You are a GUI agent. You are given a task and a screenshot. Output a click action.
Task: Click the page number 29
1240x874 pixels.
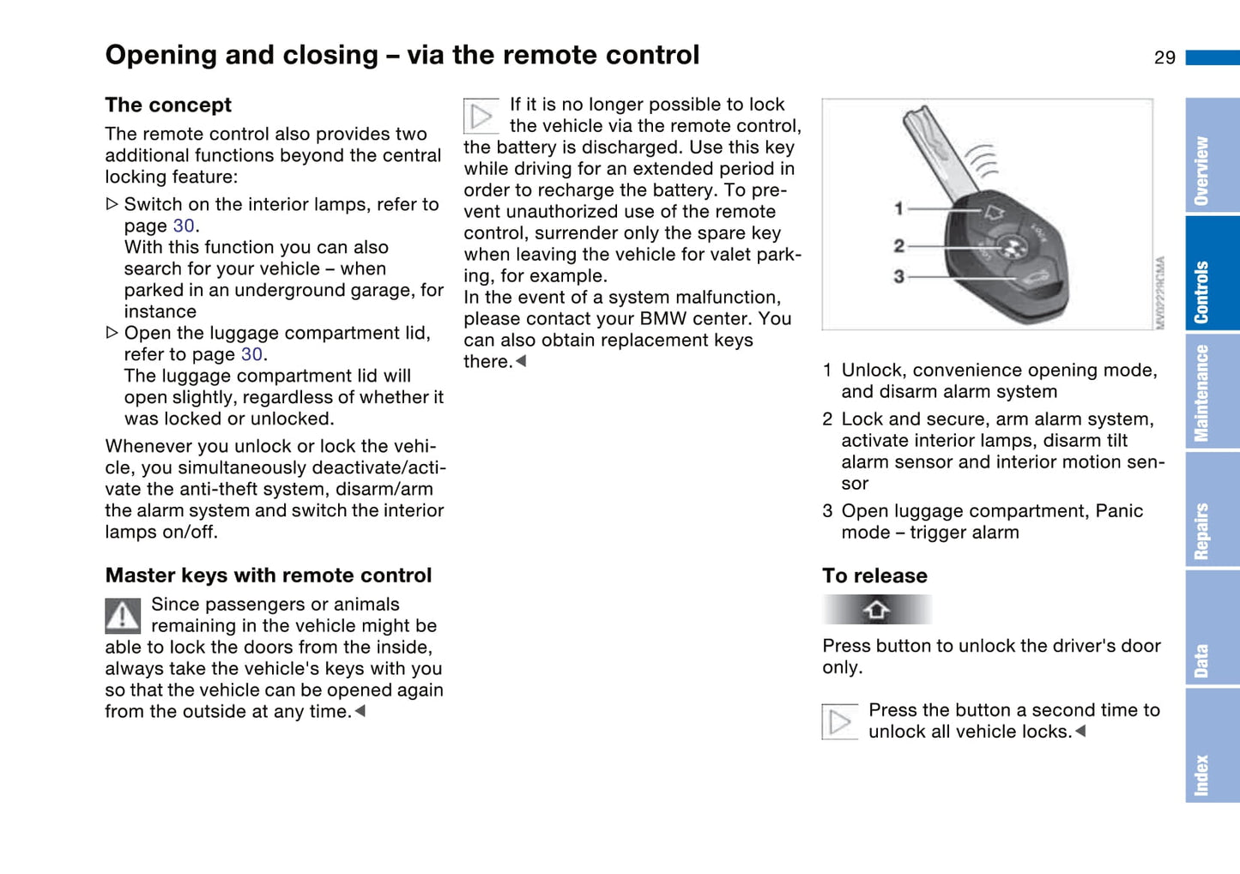point(1164,57)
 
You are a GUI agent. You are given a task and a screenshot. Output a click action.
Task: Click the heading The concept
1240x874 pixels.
point(168,105)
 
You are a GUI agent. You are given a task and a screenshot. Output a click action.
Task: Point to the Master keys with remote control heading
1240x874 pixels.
point(268,576)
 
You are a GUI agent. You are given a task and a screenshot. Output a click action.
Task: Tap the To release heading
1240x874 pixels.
point(874,576)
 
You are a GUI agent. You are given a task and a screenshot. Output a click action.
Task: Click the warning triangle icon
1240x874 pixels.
point(123,615)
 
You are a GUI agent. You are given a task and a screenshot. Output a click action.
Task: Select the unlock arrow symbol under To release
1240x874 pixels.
point(876,610)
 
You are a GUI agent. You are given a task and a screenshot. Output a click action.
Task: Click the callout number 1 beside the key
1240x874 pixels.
point(898,208)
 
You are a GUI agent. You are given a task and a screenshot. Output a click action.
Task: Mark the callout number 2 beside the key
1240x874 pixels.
point(898,246)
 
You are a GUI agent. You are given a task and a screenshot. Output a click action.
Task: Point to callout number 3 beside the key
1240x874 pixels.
point(898,276)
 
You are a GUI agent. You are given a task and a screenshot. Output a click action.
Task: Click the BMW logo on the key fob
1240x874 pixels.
point(1013,248)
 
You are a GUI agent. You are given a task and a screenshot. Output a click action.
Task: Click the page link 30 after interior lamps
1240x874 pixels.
point(184,226)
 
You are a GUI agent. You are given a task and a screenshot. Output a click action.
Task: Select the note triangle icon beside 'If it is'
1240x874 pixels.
point(481,117)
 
